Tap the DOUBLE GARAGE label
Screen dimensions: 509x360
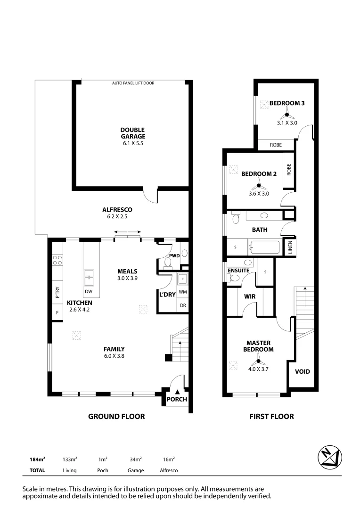point(132,133)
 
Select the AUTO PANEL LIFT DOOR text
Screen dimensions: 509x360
point(133,83)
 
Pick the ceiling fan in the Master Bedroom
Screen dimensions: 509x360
point(258,362)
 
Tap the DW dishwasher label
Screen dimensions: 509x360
point(89,291)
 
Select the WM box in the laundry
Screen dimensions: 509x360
point(182,292)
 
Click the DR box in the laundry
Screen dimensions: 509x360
point(182,306)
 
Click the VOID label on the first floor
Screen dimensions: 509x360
point(302,371)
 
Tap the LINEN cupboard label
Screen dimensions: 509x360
point(290,246)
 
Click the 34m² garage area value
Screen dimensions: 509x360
point(136,459)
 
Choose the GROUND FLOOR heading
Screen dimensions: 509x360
point(116,417)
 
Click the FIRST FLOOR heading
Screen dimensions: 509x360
point(271,417)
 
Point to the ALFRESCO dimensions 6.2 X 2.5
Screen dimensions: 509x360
point(117,217)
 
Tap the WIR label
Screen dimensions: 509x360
point(249,297)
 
